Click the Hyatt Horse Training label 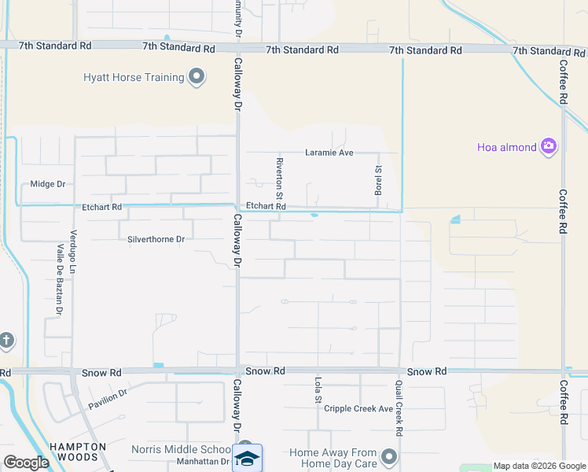(134, 77)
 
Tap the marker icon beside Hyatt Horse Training (197, 77)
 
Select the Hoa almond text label (507, 147)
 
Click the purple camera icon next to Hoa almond (549, 146)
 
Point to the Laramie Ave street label (329, 153)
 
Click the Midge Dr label (47, 184)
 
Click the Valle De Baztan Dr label (58, 278)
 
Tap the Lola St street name (318, 392)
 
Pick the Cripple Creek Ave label (358, 409)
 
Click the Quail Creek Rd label (399, 408)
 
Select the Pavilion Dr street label (108, 398)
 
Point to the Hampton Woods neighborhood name (78, 452)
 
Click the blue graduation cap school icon (247, 458)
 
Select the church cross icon (6, 341)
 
